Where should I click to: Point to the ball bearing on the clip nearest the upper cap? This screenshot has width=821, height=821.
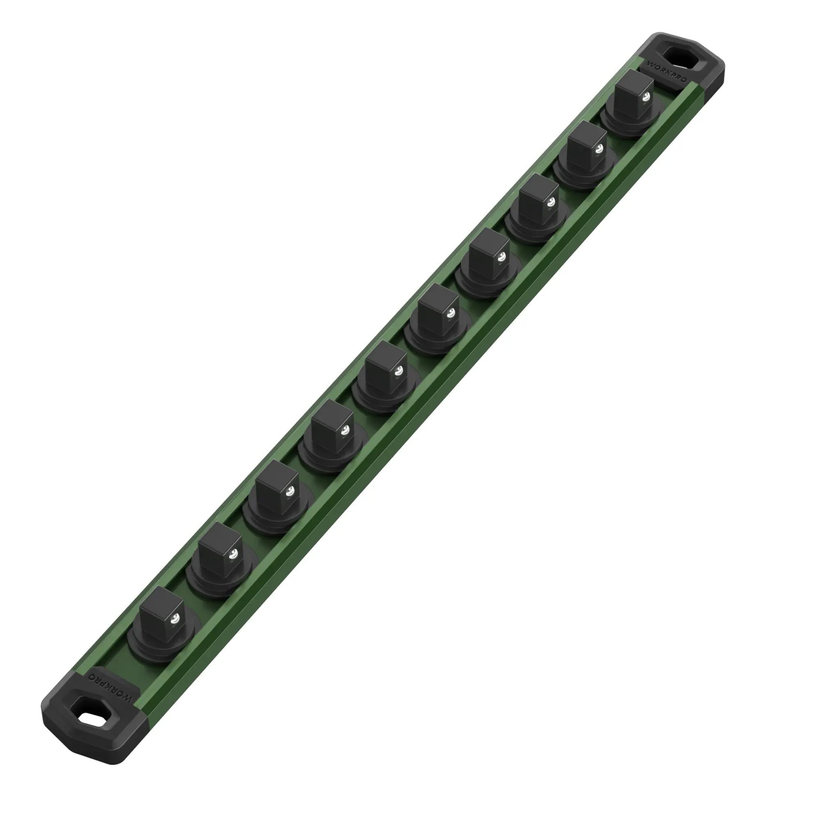(647, 96)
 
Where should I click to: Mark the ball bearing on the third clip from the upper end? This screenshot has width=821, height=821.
(551, 202)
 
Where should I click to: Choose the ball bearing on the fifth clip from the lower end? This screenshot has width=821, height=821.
(398, 372)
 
